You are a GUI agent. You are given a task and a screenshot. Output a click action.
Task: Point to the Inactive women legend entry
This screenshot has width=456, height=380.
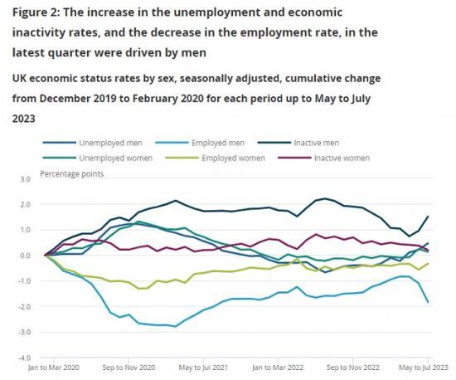(337, 157)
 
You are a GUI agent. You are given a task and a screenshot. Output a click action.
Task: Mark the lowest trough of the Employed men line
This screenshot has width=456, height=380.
(175, 326)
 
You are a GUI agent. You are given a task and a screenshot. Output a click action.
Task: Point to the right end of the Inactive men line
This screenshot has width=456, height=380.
(427, 216)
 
